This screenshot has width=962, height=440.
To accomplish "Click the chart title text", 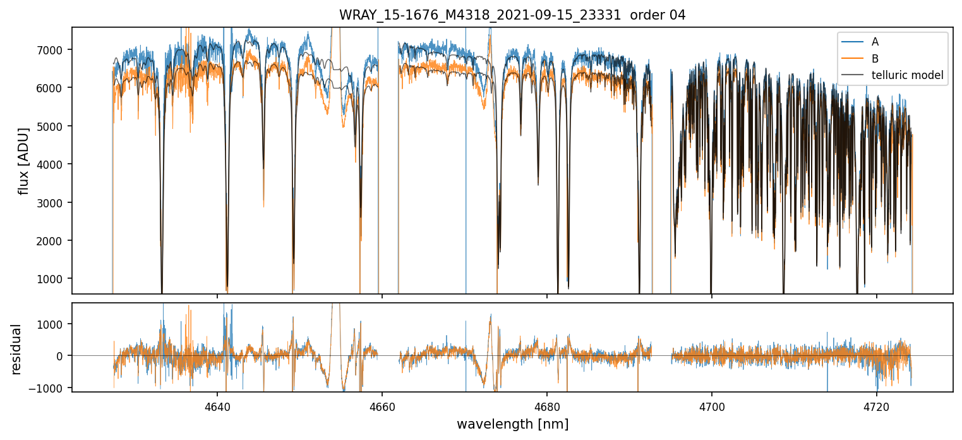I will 512,15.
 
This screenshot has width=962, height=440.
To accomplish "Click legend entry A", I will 875,42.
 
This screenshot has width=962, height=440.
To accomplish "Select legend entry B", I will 875,59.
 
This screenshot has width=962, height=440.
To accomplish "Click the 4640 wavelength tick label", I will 217,405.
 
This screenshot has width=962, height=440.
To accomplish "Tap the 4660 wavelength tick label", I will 382,405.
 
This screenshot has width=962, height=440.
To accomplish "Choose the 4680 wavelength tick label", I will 546,405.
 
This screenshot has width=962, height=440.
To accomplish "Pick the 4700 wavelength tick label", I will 711,405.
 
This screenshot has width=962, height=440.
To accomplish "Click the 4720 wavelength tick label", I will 876,405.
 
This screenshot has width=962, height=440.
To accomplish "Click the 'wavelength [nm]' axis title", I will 512,424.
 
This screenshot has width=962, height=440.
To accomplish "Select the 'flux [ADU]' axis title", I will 24,161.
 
